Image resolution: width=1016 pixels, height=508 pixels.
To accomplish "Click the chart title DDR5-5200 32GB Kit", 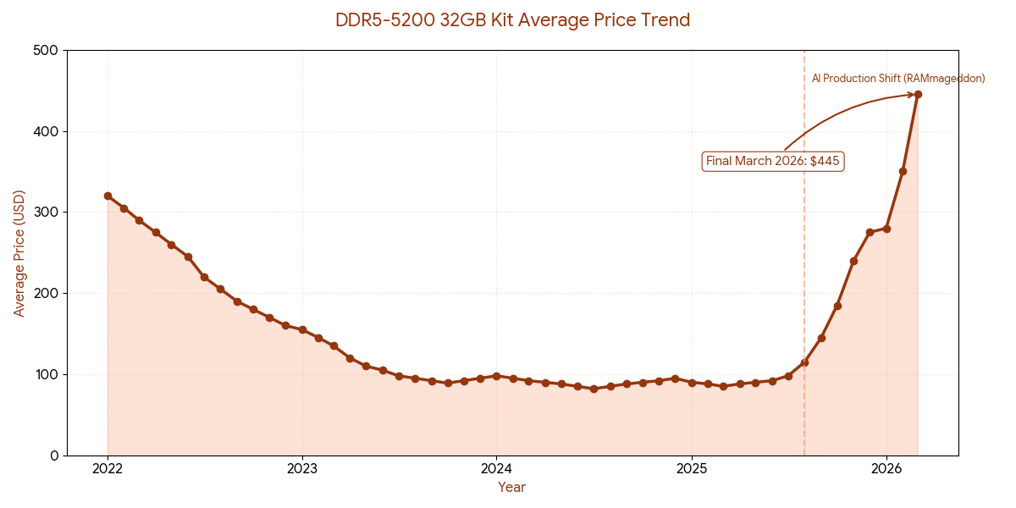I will (x=512, y=19).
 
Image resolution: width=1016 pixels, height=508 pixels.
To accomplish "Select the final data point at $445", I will (x=918, y=95).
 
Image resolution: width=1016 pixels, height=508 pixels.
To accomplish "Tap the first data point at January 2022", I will (x=108, y=196).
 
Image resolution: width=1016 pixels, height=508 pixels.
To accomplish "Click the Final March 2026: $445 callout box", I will (x=774, y=161).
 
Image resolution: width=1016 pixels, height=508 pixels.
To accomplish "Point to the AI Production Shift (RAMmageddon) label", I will (x=897, y=79).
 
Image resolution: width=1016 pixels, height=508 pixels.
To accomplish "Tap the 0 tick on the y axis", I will (x=54, y=456).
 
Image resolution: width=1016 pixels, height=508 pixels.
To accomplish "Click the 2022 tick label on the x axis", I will (x=108, y=468).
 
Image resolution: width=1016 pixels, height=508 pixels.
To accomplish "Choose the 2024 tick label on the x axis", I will (x=496, y=468).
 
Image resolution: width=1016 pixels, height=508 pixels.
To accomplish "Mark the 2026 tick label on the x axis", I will (x=886, y=468).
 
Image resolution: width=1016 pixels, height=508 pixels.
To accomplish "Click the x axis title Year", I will (x=511, y=488).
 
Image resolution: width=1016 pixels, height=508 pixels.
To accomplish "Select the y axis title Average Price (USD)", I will (x=19, y=253).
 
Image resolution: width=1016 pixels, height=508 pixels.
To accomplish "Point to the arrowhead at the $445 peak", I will (x=912, y=95).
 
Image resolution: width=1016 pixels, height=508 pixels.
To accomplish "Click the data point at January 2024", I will (x=496, y=376).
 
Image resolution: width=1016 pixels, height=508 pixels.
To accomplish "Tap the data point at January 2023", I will (x=302, y=330).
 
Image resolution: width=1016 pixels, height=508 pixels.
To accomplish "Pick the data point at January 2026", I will (x=886, y=229).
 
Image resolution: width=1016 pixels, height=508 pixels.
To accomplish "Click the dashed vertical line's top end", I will (x=804, y=52).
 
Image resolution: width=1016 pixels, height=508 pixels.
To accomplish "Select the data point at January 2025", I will (x=692, y=383).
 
